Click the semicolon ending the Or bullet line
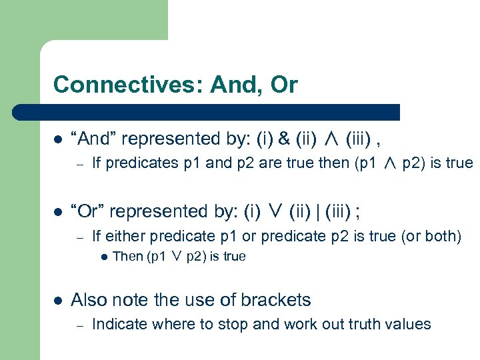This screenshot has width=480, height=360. point(359,212)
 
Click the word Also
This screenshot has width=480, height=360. point(88,300)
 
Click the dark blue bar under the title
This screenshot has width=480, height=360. point(227,112)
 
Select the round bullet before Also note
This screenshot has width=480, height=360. point(58,301)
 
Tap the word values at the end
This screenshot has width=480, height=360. point(407,325)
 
